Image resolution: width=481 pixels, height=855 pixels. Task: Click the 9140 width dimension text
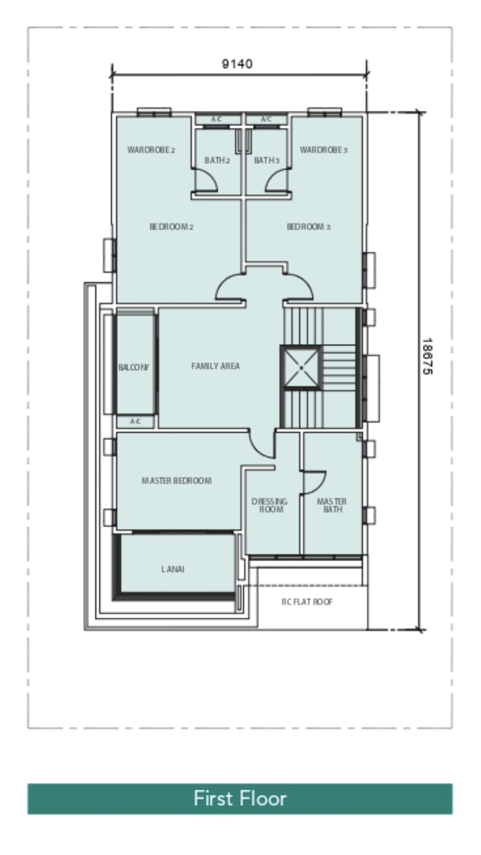coord(237,64)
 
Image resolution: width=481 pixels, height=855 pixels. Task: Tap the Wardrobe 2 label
coord(151,150)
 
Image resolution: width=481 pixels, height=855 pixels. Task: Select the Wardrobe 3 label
coord(324,150)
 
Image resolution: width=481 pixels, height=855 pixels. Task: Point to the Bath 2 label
coord(217,160)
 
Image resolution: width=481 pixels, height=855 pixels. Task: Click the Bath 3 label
coord(267,160)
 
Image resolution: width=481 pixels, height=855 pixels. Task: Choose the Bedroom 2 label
coord(171,227)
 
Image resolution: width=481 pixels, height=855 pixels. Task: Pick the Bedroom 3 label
coord(309,227)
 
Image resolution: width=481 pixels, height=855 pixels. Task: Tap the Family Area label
coord(215,366)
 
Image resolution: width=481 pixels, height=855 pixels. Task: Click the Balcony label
coord(134,368)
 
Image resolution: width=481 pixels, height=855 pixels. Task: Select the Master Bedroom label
coord(177,481)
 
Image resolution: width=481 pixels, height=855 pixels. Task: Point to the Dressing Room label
coord(269,505)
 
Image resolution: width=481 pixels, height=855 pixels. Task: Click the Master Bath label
coord(332,505)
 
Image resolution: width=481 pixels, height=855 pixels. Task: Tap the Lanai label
coord(173,569)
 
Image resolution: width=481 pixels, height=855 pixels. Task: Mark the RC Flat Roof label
coord(307,602)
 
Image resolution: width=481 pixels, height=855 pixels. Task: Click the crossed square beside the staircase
coord(301,368)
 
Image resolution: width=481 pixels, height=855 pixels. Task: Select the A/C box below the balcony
coord(136,422)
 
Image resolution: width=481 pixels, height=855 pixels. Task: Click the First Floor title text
coord(240,798)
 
